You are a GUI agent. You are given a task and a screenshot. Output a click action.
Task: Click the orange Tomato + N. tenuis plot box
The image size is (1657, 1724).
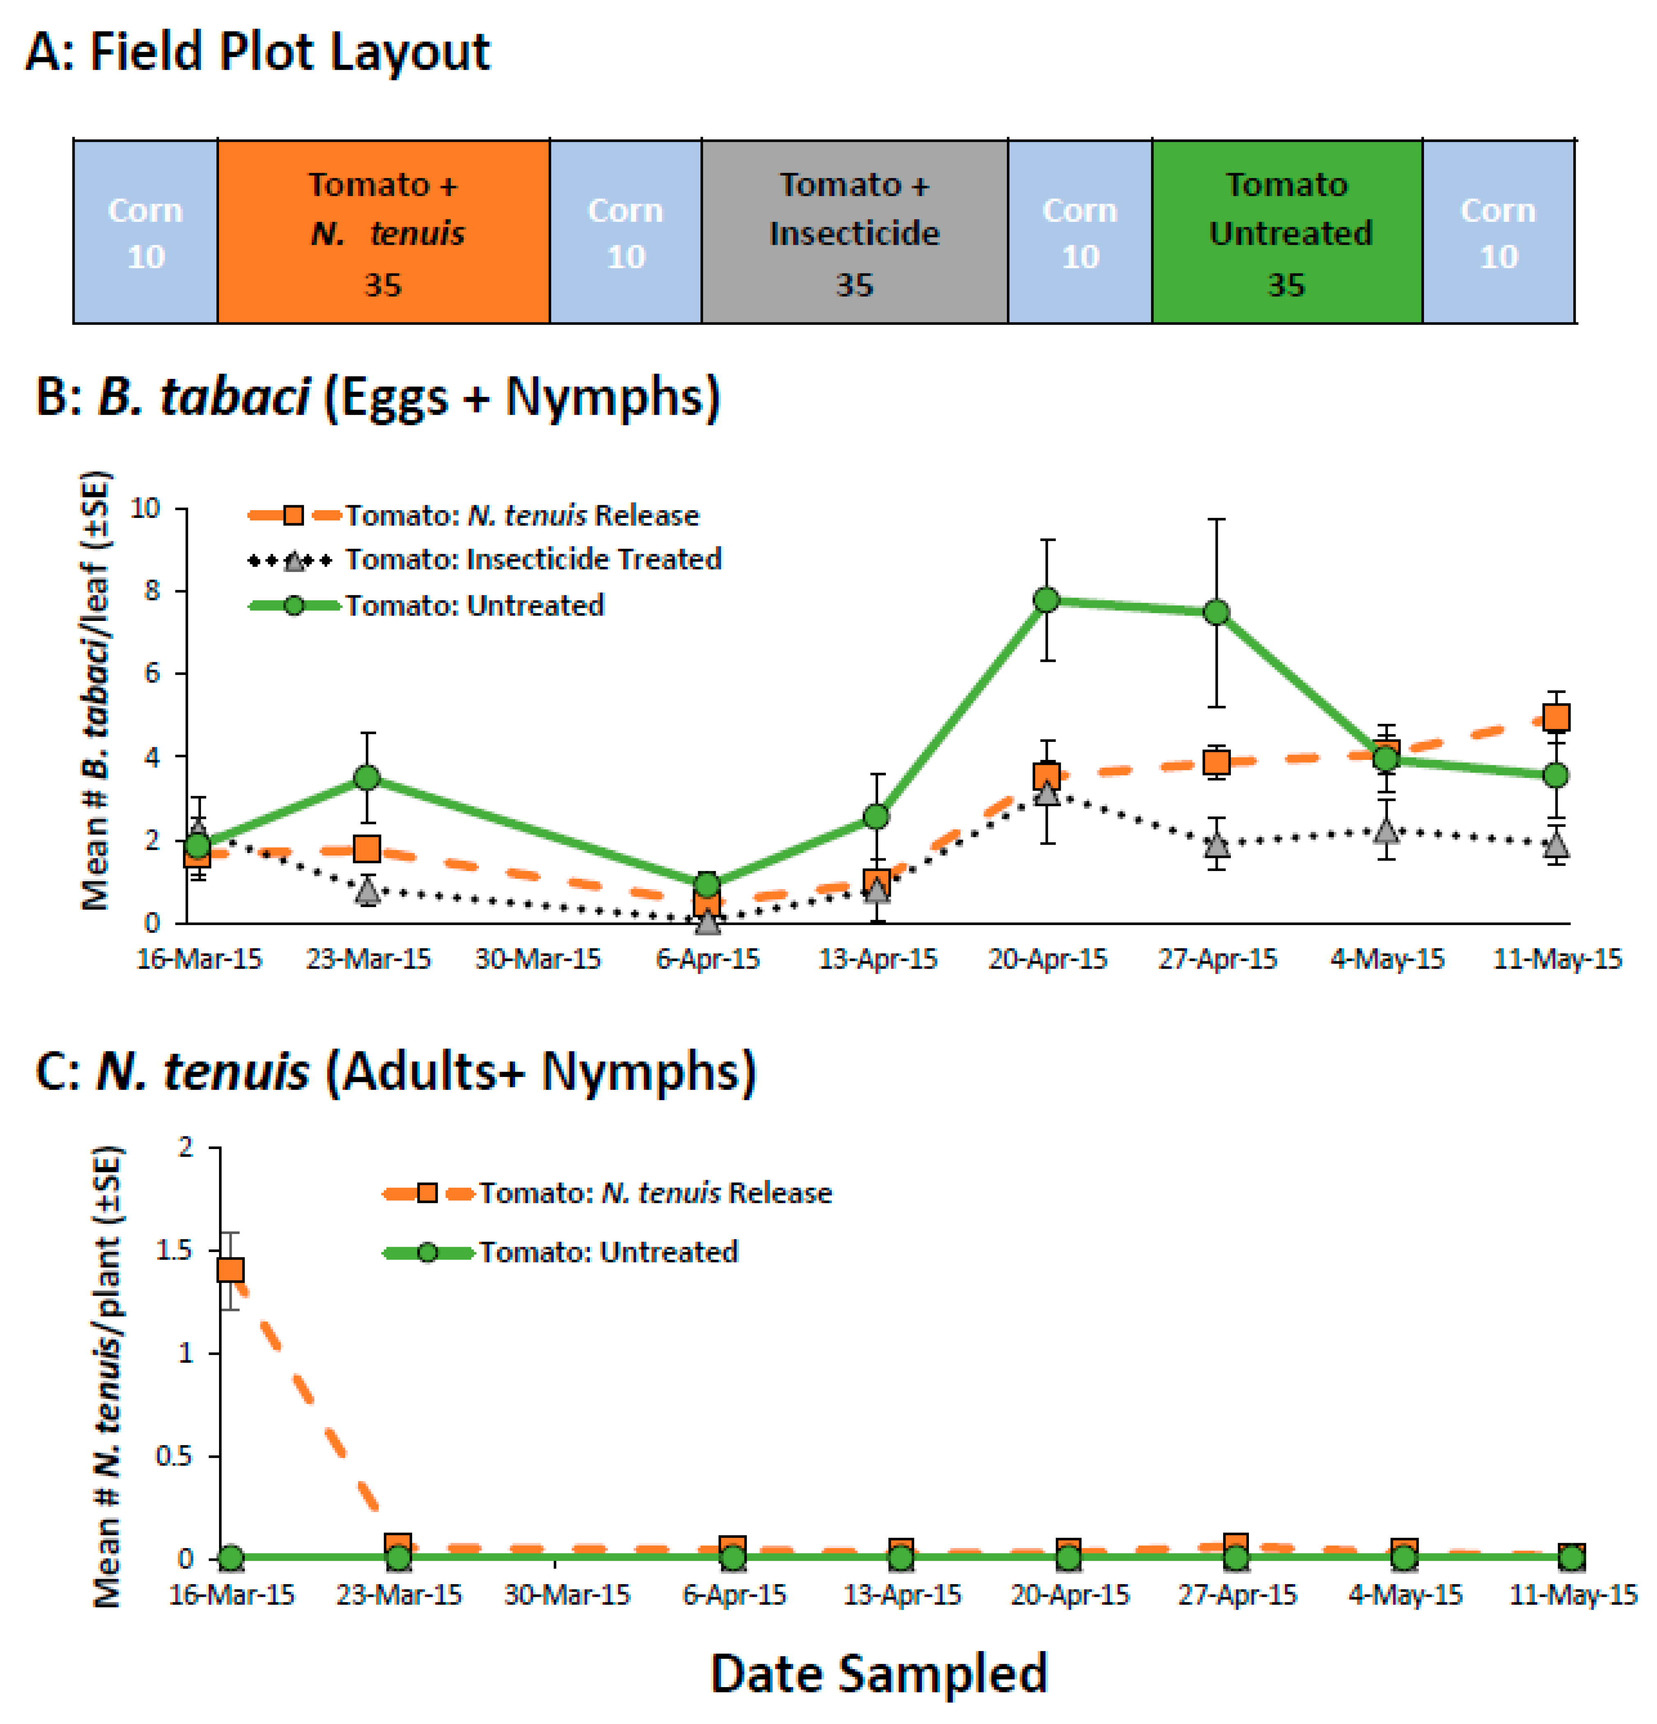(x=383, y=231)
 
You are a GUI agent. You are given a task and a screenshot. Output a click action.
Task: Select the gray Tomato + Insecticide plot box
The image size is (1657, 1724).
(x=854, y=231)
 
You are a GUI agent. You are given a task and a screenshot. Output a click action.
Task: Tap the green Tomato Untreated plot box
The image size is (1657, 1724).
(x=1287, y=231)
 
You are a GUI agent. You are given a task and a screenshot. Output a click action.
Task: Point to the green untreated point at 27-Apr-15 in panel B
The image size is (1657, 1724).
(x=1217, y=612)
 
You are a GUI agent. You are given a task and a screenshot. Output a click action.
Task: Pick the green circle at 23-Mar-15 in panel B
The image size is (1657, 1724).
(x=367, y=778)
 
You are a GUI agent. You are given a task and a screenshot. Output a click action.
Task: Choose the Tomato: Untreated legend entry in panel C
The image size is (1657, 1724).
(x=607, y=1252)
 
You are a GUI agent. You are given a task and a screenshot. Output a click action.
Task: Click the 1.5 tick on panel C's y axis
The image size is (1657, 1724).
(x=174, y=1250)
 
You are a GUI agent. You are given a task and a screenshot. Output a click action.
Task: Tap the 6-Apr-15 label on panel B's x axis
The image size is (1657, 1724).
(x=707, y=959)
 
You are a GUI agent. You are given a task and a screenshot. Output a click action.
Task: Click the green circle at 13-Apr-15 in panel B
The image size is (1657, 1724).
(x=876, y=816)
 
